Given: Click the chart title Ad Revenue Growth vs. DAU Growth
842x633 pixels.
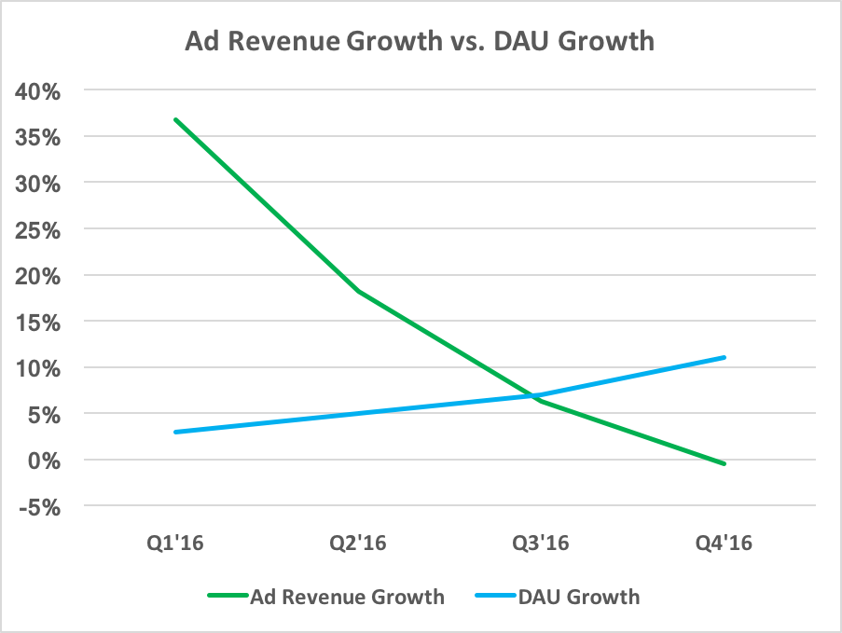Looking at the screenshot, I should coord(420,42).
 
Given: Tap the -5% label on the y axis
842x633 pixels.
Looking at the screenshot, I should coord(38,507).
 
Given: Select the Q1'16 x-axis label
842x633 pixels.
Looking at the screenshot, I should coord(174,544).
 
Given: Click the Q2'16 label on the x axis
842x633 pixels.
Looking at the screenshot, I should coord(357,544).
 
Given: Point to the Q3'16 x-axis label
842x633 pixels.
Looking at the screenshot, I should coord(541,544).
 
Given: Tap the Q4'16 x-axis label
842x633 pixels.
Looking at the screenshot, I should coord(724,544).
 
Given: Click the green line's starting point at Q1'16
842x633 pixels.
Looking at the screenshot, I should coord(174,119).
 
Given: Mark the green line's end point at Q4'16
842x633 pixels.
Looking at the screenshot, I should coord(724,463).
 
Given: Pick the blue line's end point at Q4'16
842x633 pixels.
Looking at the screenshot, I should coord(724,357).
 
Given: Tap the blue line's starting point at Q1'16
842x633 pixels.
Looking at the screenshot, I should coord(174,432).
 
